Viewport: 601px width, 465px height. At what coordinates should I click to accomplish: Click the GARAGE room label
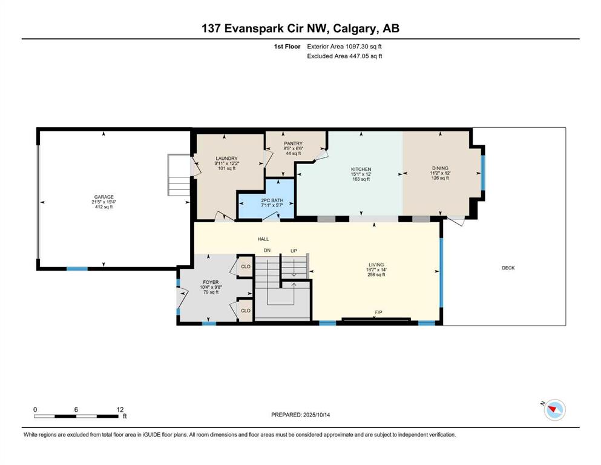pyautogui.click(x=104, y=197)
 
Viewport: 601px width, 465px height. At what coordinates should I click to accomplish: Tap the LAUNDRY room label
pyautogui.click(x=226, y=158)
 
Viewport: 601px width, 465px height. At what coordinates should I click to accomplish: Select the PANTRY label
pyautogui.click(x=293, y=143)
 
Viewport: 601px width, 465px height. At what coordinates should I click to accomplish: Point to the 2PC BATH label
pyautogui.click(x=272, y=200)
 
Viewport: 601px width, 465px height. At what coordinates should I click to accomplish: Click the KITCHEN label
pyautogui.click(x=361, y=169)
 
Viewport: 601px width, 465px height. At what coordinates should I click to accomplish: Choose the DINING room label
pyautogui.click(x=440, y=168)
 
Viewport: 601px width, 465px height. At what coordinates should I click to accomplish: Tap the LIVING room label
pyautogui.click(x=376, y=265)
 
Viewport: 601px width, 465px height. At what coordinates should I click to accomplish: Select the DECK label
pyautogui.click(x=508, y=268)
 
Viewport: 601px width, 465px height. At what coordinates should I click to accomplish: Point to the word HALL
pyautogui.click(x=263, y=239)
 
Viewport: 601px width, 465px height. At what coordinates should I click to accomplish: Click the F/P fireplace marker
pyautogui.click(x=378, y=312)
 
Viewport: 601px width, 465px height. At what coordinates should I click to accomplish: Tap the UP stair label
pyautogui.click(x=294, y=251)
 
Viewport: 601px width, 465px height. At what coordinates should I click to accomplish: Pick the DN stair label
pyautogui.click(x=267, y=250)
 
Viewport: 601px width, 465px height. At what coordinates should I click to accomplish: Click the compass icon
pyautogui.click(x=554, y=409)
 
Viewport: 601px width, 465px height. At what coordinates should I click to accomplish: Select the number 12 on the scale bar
pyautogui.click(x=120, y=410)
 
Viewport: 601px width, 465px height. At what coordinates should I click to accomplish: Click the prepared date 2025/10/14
pyautogui.click(x=317, y=415)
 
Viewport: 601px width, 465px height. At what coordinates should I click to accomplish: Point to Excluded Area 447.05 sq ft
pyautogui.click(x=344, y=56)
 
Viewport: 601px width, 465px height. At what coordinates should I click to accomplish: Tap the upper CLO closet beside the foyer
pyautogui.click(x=246, y=266)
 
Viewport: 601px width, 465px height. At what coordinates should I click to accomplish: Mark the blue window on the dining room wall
pyautogui.click(x=483, y=173)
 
